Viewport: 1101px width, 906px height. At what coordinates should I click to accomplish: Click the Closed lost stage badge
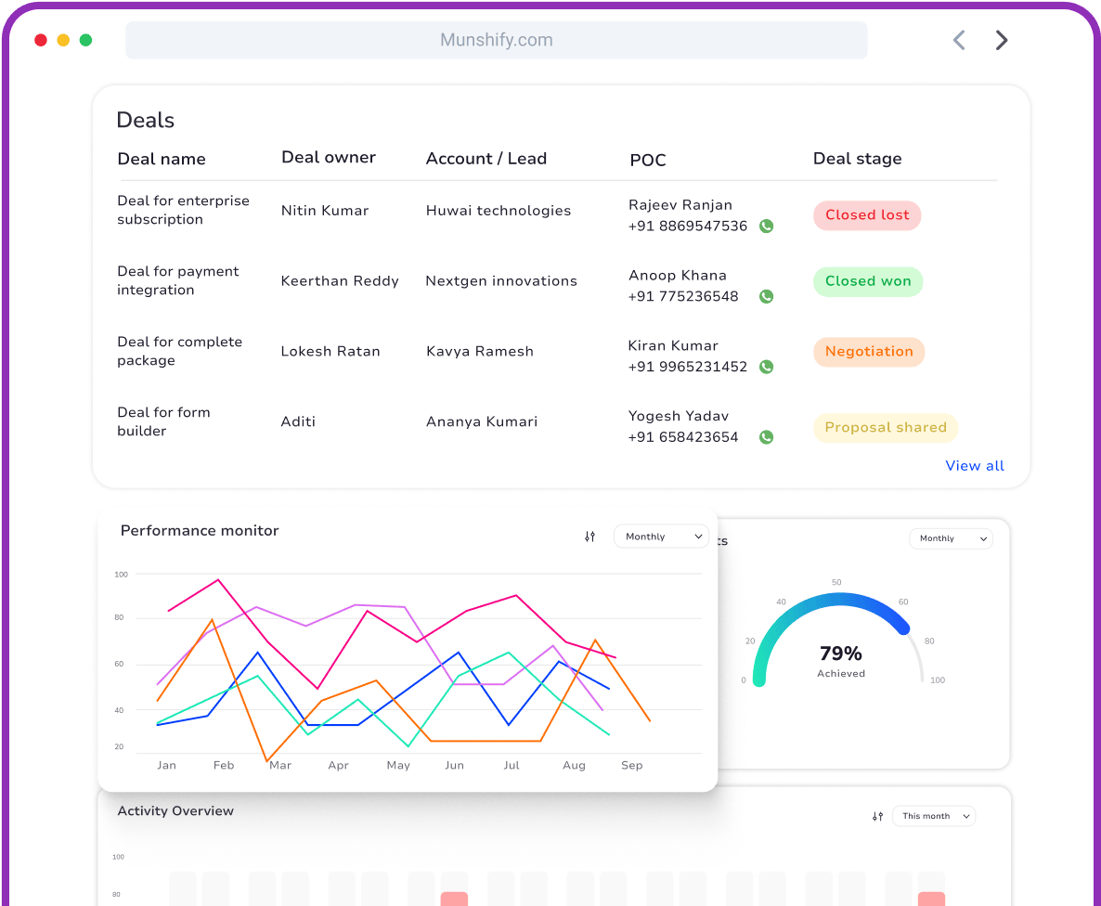click(867, 215)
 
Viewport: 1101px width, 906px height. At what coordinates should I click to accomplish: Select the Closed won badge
click(868, 281)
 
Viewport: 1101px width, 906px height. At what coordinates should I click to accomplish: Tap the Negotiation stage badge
click(869, 352)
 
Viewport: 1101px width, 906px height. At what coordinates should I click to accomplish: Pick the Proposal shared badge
click(886, 428)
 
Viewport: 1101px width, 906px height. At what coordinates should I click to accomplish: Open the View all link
click(975, 466)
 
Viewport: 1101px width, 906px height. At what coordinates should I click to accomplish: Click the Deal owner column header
click(329, 158)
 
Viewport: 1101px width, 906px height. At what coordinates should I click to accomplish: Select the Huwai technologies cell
click(499, 211)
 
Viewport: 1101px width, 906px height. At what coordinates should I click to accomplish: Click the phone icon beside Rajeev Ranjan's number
click(766, 226)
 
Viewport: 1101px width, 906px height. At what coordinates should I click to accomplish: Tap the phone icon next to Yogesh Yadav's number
click(766, 437)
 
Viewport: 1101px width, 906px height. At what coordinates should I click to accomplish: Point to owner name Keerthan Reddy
click(340, 281)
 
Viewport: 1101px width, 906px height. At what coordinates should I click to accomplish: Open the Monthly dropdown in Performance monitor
click(661, 537)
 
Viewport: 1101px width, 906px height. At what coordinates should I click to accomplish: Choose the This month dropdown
click(934, 816)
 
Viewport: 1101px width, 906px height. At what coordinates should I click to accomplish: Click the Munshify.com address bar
click(497, 40)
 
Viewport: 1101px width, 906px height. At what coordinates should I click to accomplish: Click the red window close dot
click(41, 40)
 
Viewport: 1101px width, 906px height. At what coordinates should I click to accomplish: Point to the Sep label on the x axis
click(631, 766)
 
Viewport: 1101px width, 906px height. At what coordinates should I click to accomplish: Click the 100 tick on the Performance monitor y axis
click(122, 575)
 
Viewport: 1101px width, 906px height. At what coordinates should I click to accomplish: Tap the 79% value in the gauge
click(841, 654)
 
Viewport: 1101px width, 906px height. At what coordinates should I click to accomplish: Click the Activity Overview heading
click(175, 811)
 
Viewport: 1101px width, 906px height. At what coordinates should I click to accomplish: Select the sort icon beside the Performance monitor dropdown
click(589, 537)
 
